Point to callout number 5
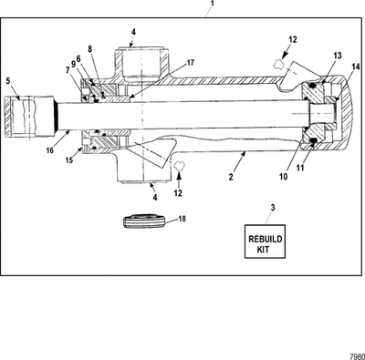tap(9, 82)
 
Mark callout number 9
tap(73, 64)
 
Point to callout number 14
tap(355, 67)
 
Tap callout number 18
tap(182, 219)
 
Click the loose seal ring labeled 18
tap(143, 220)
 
